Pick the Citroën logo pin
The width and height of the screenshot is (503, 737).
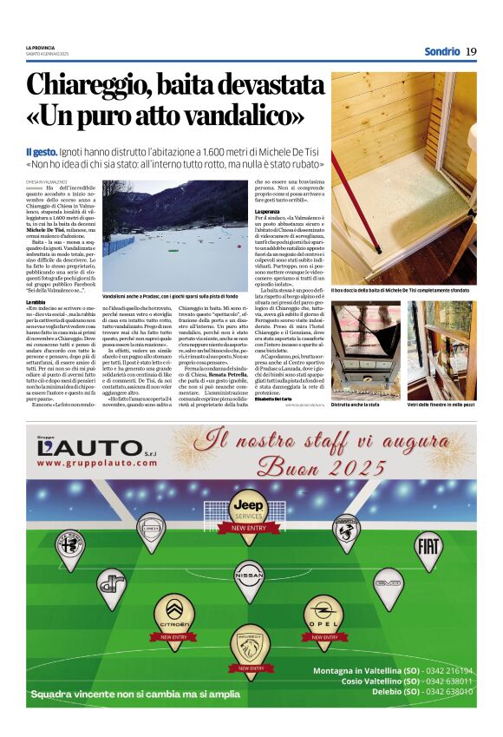[x=173, y=613]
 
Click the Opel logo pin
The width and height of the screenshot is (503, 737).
[x=323, y=611]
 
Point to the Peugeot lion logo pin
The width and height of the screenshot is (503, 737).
[x=248, y=644]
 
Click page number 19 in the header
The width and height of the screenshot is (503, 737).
[x=471, y=51]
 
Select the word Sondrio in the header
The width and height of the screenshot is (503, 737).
[x=441, y=51]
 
